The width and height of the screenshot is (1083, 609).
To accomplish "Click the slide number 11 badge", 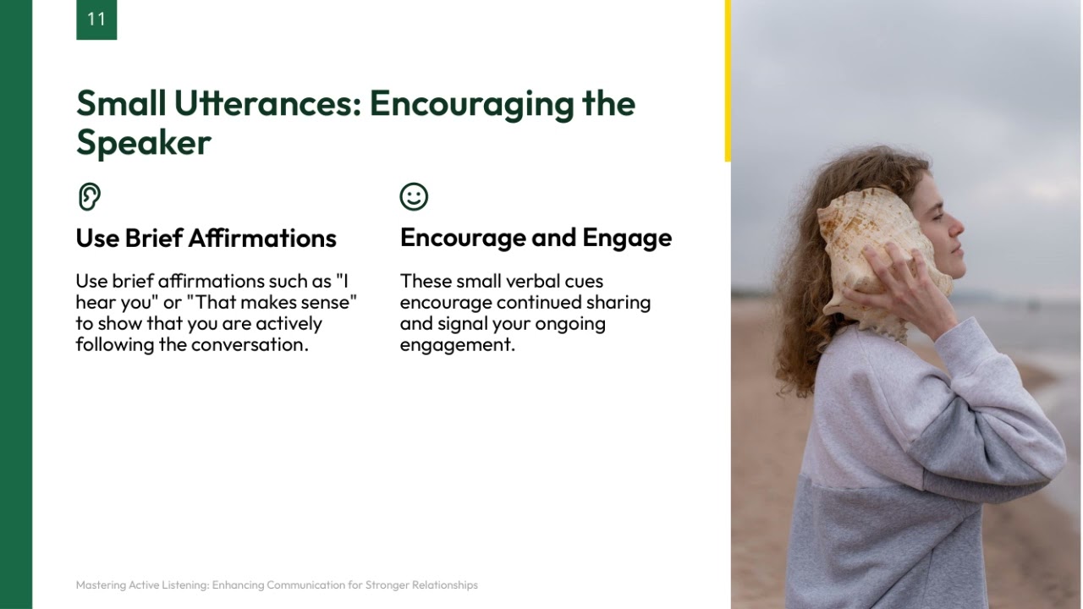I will coord(96,19).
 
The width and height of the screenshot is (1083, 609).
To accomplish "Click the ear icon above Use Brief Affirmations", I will coord(89,196).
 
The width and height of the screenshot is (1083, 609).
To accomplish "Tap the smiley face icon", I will coord(414,196).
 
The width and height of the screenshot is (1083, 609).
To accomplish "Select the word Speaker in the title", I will coord(143,143).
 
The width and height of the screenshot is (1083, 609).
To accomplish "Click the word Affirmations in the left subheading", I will coord(262,239).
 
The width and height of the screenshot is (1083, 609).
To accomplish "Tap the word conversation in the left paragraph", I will coord(249,344).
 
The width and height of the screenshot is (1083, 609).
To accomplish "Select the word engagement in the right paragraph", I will coord(457,344).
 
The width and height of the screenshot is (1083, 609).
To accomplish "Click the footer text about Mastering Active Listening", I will coord(276,584).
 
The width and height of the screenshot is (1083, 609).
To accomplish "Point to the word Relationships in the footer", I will coord(448,584).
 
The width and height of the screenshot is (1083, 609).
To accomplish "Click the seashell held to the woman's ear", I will coord(876,245).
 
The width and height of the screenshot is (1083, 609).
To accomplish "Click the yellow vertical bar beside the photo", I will coord(728,80).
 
